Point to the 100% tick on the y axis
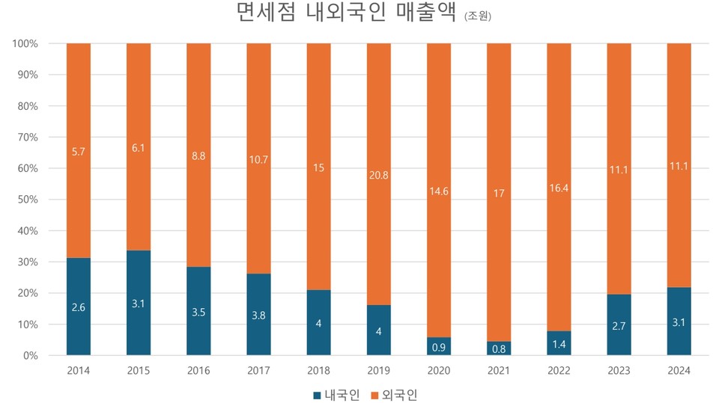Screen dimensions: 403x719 [24, 43]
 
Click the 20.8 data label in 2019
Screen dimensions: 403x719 [378, 175]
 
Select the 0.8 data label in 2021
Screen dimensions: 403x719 [499, 348]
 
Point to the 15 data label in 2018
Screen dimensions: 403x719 [318, 167]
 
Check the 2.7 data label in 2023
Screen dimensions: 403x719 [619, 326]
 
